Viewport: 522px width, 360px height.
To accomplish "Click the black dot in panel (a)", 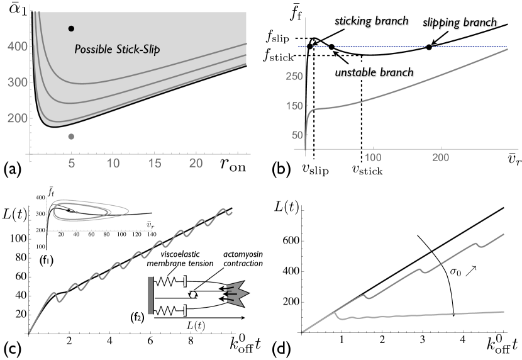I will click(x=71, y=28).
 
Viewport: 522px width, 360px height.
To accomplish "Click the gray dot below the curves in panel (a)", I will click(x=71, y=137).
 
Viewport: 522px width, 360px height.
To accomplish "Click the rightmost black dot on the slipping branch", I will click(x=430, y=47).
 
